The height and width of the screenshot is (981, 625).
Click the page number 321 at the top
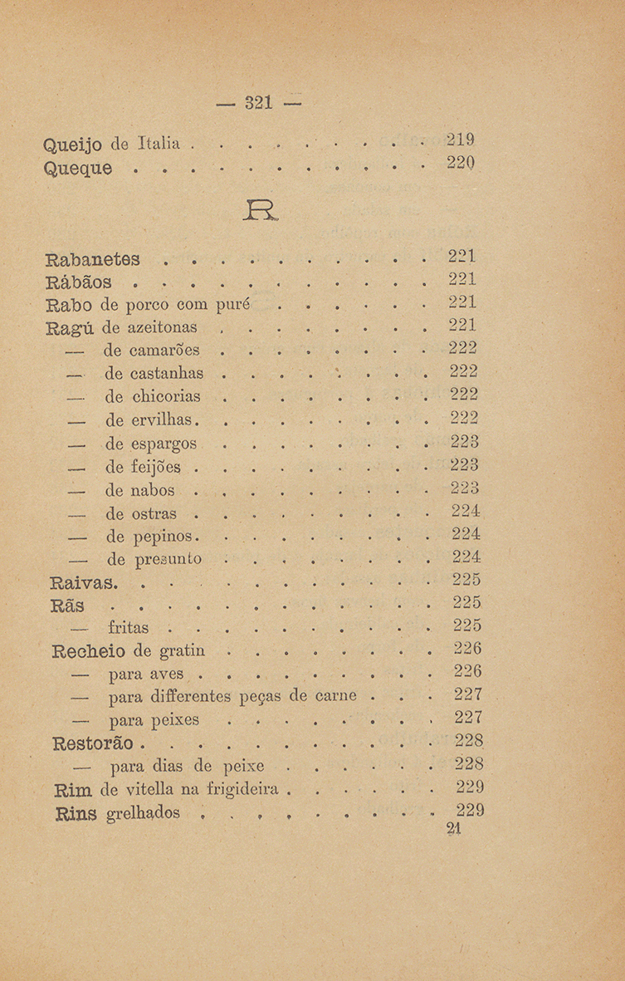(259, 104)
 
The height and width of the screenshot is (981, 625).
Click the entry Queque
(77, 169)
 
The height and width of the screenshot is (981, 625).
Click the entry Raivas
(84, 582)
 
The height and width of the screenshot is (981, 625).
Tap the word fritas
(121, 627)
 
